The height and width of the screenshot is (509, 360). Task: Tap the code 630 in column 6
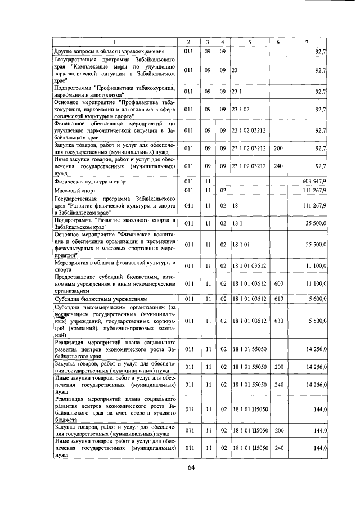278,320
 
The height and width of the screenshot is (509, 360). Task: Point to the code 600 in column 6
278,284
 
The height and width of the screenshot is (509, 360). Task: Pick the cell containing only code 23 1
236,91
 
